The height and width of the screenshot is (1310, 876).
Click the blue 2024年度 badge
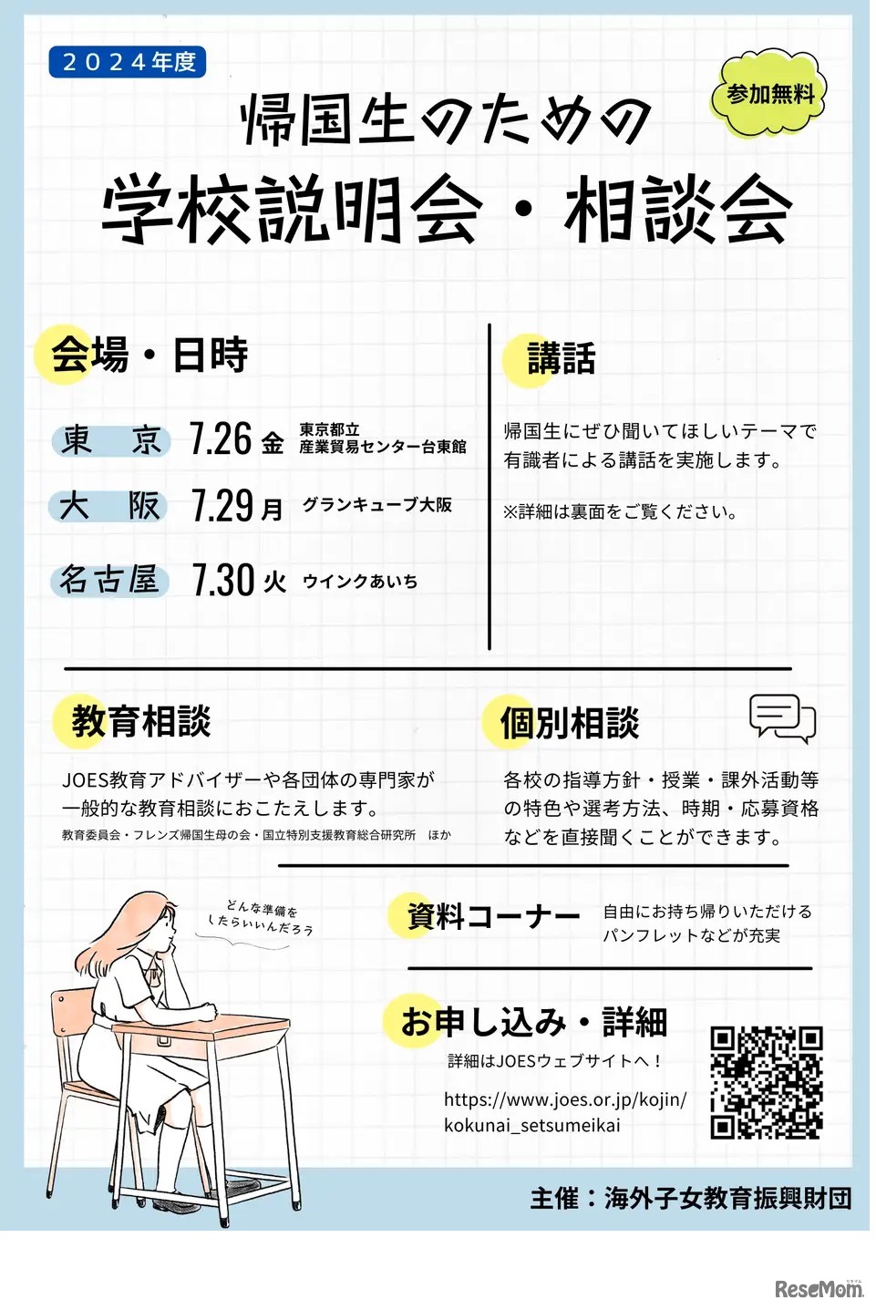point(128,62)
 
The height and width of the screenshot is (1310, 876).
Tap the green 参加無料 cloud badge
point(769,95)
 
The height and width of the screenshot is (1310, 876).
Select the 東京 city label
point(110,440)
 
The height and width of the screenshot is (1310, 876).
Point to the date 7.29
point(222,505)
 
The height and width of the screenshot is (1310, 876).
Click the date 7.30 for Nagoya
point(222,580)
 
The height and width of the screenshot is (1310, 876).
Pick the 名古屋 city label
point(109,580)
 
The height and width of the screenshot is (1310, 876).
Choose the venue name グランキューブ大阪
point(376,504)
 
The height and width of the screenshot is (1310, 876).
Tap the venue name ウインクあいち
point(359,581)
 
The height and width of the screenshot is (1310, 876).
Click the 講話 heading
point(561,358)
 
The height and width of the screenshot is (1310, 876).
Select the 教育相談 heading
point(140,721)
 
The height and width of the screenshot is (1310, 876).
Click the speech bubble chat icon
point(781,718)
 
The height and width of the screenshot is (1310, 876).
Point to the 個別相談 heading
point(569,723)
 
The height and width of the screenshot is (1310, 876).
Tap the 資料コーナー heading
point(492,915)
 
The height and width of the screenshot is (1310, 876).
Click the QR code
point(766,1082)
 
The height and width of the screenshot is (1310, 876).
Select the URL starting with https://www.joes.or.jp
point(565,1111)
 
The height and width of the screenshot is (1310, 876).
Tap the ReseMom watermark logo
point(818,1288)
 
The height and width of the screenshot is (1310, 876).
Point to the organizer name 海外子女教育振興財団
point(727,1198)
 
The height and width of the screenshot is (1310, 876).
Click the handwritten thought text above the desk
point(261,918)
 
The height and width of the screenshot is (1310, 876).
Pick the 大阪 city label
point(109,506)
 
